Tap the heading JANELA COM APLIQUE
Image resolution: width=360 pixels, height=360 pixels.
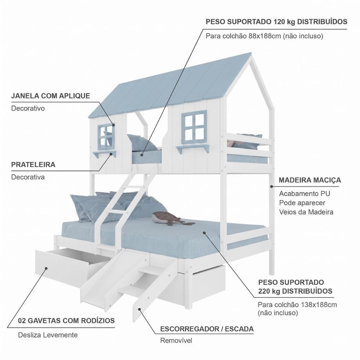point(50,96)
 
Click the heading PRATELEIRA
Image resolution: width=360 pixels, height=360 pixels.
point(33,165)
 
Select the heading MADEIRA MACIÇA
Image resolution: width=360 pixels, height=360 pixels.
point(310,180)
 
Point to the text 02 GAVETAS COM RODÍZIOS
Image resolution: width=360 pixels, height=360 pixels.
point(66,320)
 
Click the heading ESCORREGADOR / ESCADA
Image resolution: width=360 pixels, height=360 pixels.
point(207,329)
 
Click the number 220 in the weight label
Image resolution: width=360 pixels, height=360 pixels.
point(264,291)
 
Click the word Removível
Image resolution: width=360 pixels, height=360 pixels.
point(176,341)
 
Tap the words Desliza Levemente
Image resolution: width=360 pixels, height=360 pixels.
point(48,335)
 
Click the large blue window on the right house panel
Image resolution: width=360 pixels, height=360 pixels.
point(194,127)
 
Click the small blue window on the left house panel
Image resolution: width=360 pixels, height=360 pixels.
point(106,136)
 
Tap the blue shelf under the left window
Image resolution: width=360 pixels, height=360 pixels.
point(104,154)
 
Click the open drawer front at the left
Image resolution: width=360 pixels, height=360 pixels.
point(62,269)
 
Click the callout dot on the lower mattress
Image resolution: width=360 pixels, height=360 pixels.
point(204,233)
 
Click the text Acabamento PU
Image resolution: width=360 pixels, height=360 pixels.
point(305,194)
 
